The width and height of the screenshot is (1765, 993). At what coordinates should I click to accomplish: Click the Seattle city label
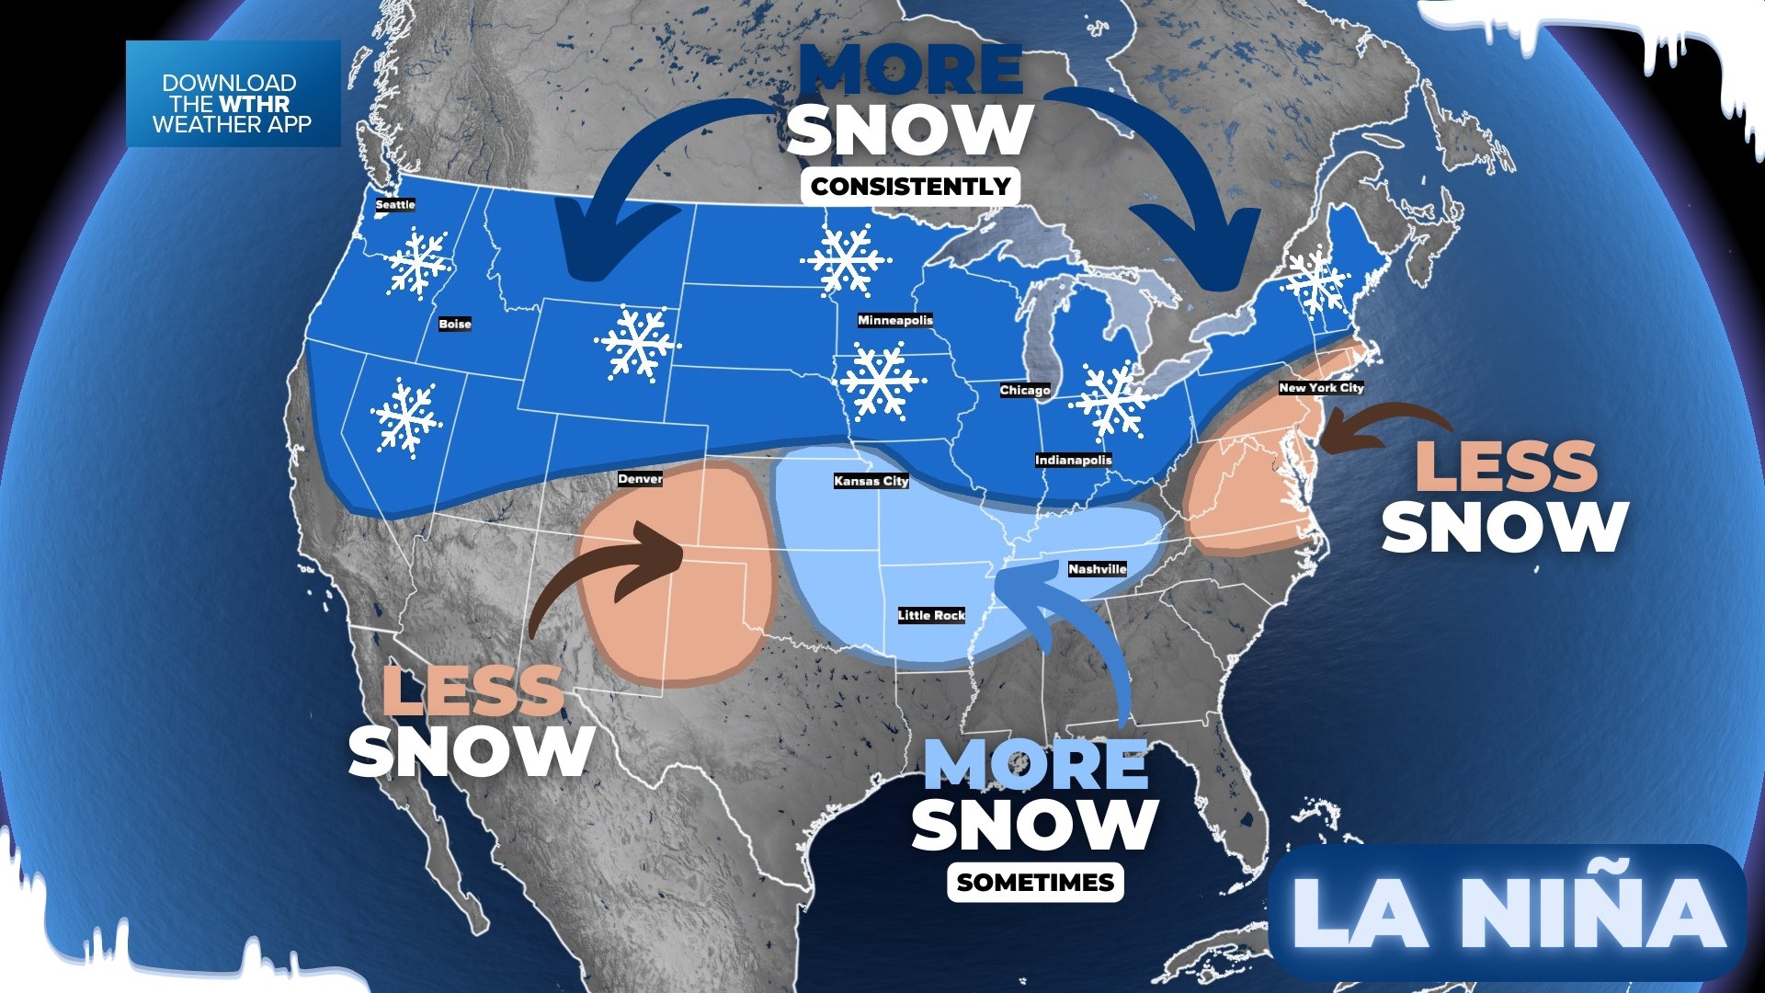(x=395, y=204)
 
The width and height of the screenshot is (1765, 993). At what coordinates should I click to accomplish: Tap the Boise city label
(x=455, y=324)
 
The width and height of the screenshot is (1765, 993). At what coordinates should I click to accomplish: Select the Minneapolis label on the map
(x=894, y=320)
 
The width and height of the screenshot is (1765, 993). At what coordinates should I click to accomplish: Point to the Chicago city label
(x=1025, y=390)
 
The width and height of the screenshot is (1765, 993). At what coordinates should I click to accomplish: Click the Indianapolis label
(x=1073, y=460)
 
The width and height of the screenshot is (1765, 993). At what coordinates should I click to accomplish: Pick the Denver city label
(x=640, y=479)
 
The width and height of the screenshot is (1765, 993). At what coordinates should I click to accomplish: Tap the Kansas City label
(x=871, y=481)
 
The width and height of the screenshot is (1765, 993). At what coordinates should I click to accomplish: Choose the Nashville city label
(x=1097, y=569)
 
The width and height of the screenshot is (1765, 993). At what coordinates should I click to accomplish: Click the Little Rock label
(x=931, y=615)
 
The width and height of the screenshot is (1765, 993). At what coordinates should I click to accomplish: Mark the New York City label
(x=1321, y=388)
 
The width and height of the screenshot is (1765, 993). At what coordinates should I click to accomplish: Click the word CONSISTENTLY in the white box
(x=910, y=187)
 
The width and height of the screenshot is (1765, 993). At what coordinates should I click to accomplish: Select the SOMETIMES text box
(x=1035, y=883)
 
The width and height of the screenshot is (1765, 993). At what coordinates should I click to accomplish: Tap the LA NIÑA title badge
(x=1508, y=912)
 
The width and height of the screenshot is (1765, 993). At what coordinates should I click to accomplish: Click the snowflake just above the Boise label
(x=418, y=263)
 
